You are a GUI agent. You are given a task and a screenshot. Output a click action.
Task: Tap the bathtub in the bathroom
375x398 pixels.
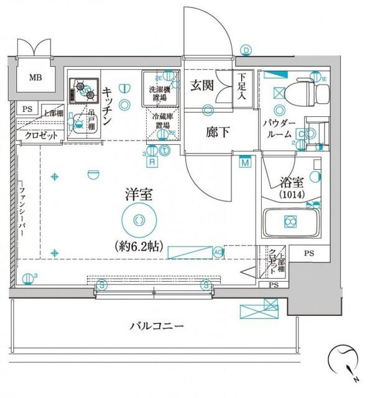[289, 223]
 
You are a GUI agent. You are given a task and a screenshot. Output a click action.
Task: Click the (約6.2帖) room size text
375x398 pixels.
[138, 246]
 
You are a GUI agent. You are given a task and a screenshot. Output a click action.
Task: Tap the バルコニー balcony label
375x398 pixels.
[157, 326]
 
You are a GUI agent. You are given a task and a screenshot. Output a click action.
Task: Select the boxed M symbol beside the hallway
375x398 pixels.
[245, 162]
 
